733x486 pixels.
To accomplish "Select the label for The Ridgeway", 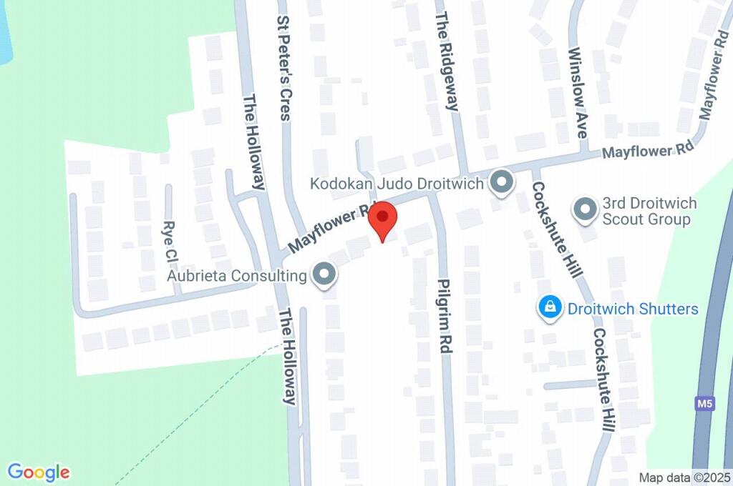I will click(446, 61).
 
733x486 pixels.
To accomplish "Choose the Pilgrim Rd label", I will click(445, 315).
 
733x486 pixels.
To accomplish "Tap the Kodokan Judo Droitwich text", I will click(397, 184).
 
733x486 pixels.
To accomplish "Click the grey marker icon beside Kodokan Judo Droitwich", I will click(502, 184).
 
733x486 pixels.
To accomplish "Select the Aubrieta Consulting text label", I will click(237, 275).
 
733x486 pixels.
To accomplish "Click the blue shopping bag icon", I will click(549, 308).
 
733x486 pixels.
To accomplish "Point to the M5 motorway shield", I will click(705, 404).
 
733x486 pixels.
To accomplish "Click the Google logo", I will click(39, 472).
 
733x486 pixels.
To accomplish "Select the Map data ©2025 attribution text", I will click(684, 477).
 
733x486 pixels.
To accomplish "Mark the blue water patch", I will click(5, 32).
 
